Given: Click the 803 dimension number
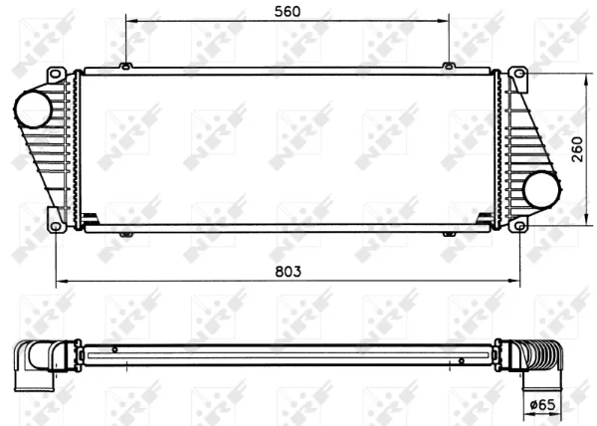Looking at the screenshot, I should [288, 271].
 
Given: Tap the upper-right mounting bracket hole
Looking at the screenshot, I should [518, 75].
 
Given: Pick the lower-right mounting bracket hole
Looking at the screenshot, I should [518, 225].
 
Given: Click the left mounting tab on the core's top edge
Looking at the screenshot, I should [126, 67].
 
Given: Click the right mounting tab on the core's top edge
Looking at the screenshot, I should [450, 67].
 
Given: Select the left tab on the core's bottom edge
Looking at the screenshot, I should [126, 234].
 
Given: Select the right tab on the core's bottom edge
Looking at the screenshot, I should [450, 234].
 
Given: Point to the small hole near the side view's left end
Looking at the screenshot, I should [115, 349].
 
